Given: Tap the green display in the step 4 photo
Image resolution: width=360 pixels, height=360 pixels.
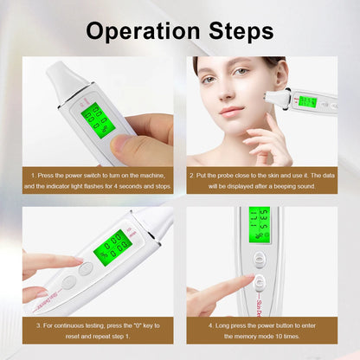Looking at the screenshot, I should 260,224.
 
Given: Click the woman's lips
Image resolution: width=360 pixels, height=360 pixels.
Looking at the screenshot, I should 231,111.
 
